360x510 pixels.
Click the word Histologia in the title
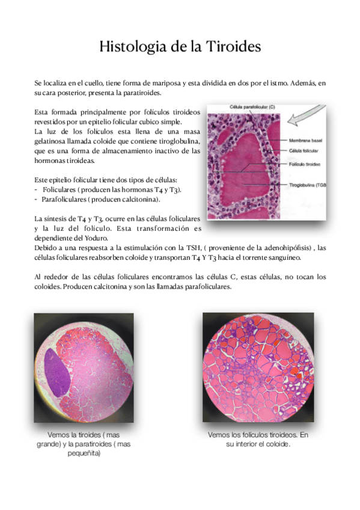(x=127, y=47)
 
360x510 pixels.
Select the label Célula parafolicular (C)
(x=252, y=106)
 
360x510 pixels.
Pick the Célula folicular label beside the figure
(x=304, y=150)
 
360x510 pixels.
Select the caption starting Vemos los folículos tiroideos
(x=258, y=439)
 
